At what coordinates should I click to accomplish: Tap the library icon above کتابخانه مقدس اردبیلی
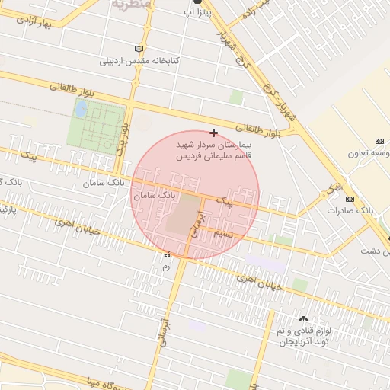point(138,49)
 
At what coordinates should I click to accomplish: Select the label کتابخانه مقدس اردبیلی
point(141,61)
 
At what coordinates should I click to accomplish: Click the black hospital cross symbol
point(213,133)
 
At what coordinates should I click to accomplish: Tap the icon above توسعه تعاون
point(379,141)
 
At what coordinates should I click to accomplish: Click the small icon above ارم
point(167,256)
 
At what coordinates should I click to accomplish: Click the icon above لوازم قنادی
point(304,318)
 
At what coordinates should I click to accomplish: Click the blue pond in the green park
point(80,108)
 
